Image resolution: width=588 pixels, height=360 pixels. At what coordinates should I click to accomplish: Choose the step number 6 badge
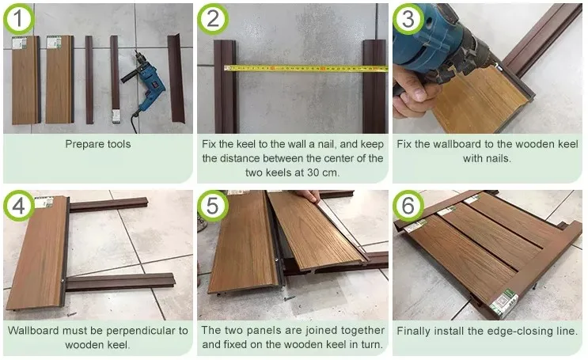[x=409, y=207]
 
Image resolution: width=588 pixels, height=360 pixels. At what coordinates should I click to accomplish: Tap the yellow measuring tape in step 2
[x=305, y=69]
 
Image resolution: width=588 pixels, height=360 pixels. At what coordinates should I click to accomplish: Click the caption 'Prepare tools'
[x=98, y=145]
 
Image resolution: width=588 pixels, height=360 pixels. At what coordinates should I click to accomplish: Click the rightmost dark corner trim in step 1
[x=175, y=79]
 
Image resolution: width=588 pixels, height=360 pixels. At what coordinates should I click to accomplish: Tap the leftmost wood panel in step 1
[x=25, y=79]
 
